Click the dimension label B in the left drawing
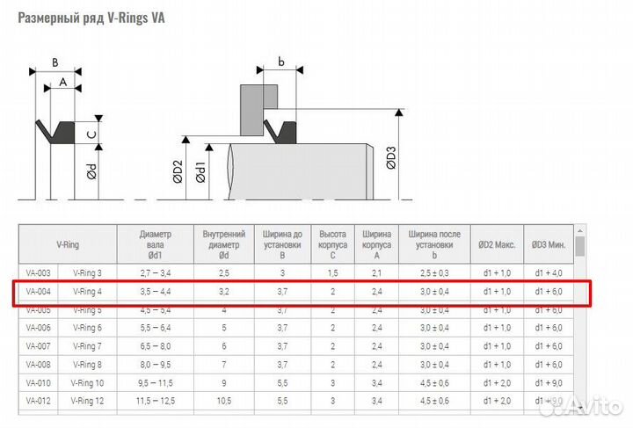coord(55,63)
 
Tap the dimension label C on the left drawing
coord(91,134)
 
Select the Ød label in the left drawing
coord(91,172)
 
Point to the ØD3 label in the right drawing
coord(391,159)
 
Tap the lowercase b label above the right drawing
coord(281,62)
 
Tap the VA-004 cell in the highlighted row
coord(38,292)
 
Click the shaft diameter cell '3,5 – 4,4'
coord(155,292)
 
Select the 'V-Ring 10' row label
coord(88,383)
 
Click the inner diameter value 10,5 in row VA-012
coord(223,402)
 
